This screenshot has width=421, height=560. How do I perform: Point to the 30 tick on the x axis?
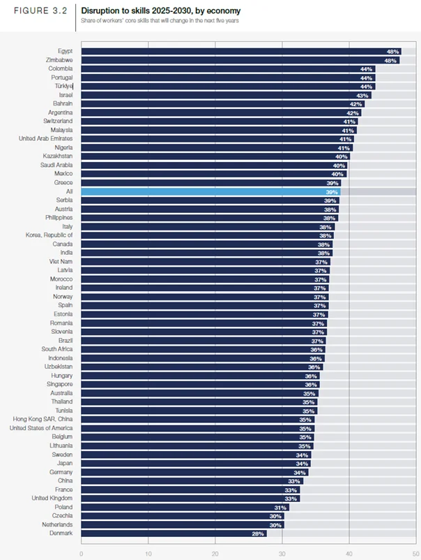282,554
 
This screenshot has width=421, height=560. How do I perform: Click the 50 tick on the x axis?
415,554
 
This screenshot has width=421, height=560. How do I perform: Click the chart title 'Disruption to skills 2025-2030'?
160,11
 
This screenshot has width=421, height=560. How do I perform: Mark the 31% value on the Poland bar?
280,507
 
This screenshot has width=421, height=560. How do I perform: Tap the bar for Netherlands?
182,524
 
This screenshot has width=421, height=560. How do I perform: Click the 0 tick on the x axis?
82,554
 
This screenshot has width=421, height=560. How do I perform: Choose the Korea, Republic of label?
49,235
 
